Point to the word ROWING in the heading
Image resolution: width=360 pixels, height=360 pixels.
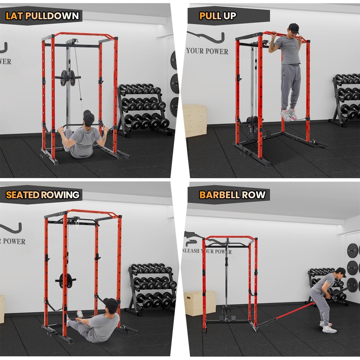point(60,195)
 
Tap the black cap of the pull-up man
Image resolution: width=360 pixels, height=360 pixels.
point(294,27)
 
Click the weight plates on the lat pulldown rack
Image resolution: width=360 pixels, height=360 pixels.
point(68,77)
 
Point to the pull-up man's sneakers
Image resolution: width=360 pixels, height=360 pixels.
point(289,115)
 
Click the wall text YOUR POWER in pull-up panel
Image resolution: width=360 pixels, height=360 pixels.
point(207,51)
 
